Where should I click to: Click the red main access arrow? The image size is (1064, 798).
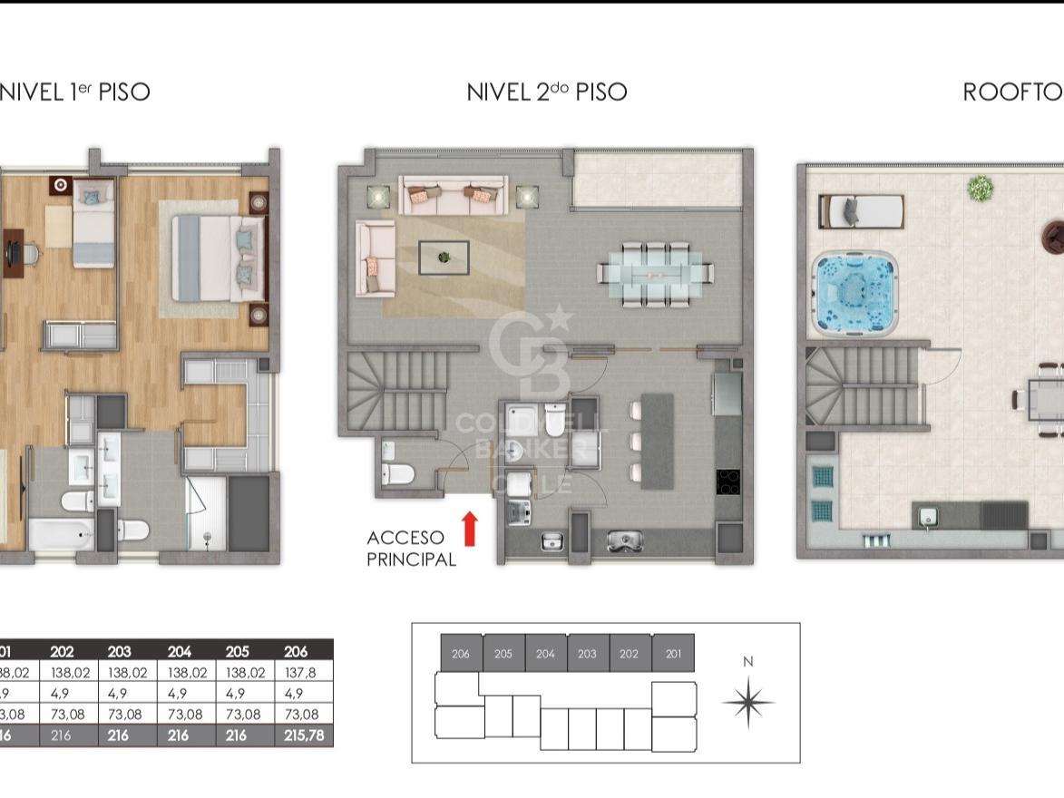[x=470, y=529]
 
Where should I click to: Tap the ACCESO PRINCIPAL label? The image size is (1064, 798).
[x=411, y=549]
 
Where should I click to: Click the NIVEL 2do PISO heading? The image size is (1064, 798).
[x=546, y=92]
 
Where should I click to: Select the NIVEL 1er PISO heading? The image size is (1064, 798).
[x=73, y=92]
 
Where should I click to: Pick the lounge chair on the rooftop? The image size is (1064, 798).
[x=862, y=211]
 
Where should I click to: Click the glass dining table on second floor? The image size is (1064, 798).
[x=656, y=272]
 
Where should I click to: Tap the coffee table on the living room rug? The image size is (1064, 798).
[x=444, y=258]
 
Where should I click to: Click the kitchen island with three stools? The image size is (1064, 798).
[x=658, y=441]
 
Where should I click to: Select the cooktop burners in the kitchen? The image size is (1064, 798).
[x=728, y=482]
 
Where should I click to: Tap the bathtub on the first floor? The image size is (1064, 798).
[x=60, y=535]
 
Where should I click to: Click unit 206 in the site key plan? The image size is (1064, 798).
[x=461, y=653]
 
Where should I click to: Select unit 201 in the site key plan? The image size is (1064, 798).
[x=673, y=653]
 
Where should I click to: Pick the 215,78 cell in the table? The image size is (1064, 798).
[x=304, y=735]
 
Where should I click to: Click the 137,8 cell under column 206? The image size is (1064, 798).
[x=304, y=672]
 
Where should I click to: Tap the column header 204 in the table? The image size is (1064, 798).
[x=180, y=651]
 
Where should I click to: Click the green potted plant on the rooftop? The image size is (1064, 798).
[x=980, y=188]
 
